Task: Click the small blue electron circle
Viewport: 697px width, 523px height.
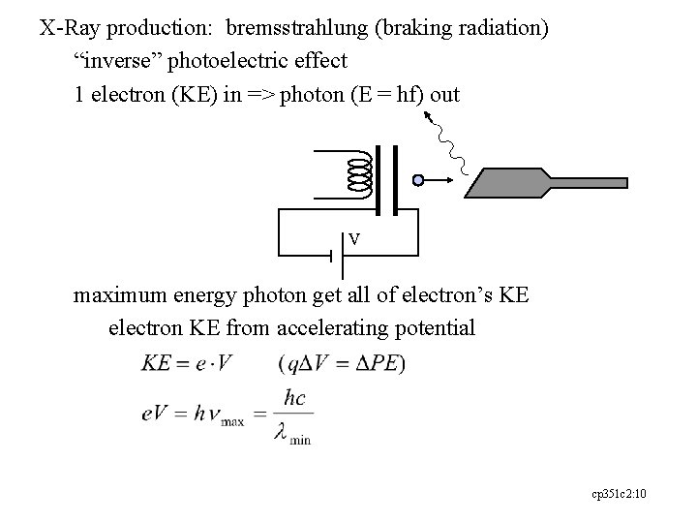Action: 417,180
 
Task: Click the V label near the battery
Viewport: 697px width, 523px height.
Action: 355,238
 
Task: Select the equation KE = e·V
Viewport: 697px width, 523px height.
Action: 188,364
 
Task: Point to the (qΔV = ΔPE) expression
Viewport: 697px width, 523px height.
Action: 341,364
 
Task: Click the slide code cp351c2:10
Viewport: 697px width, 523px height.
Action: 619,494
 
